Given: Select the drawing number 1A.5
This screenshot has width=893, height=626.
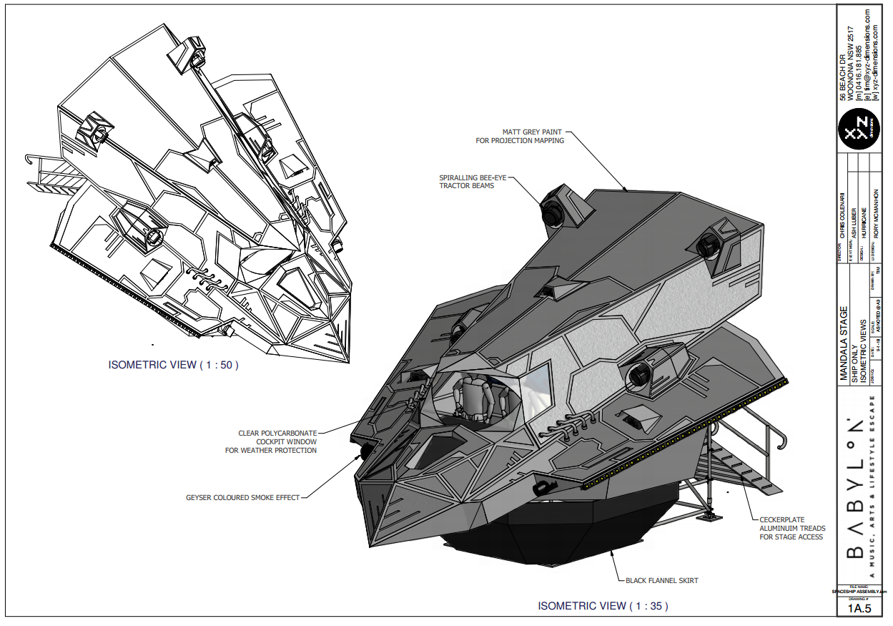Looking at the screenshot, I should [x=859, y=609].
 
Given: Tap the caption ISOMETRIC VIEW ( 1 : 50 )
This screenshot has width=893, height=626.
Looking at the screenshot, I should [x=174, y=365].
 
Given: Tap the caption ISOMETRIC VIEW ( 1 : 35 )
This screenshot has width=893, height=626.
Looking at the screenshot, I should [x=603, y=606].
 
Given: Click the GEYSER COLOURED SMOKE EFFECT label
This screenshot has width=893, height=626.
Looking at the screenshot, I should [x=242, y=497].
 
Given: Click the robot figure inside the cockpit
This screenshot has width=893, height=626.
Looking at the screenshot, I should [x=471, y=397].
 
